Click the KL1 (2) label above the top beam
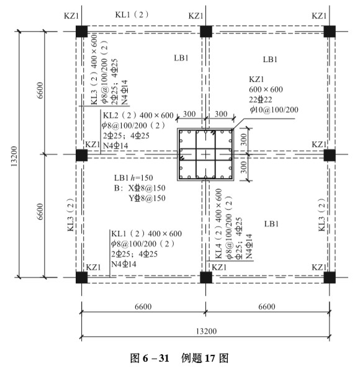[x=132, y=15]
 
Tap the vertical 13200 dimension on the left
[x=14, y=156]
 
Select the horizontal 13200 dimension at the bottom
[x=206, y=331]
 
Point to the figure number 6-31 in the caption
[x=156, y=358]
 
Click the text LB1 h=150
[x=133, y=177]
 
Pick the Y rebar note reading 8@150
[x=146, y=198]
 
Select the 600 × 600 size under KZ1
[x=266, y=89]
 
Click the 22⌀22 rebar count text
[x=260, y=100]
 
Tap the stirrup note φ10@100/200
[x=274, y=109]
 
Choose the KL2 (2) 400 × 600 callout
[x=138, y=115]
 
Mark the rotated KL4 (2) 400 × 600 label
[x=218, y=223]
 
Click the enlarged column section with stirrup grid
[x=205, y=154]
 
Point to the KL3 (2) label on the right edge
[x=322, y=215]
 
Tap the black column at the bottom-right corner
[x=330, y=277]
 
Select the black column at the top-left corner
[x=81, y=31]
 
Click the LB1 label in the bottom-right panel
[x=271, y=223]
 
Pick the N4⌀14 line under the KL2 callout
[x=115, y=146]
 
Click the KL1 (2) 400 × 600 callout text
[x=146, y=234]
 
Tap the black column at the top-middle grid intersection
[x=205, y=31]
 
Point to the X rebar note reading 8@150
[x=146, y=188]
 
